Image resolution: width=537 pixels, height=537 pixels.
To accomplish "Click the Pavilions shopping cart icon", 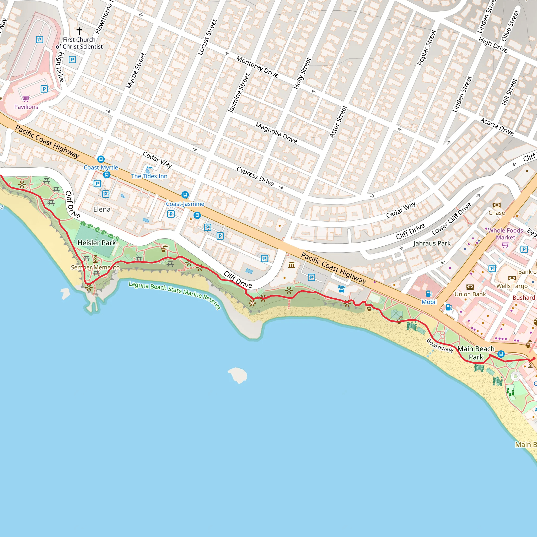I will click(26, 98).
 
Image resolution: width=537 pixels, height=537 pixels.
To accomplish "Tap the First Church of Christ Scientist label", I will click(79, 43).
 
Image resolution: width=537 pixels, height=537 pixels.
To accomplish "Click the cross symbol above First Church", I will click(79, 31).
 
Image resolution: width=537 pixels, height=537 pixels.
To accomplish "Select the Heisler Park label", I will click(96, 243).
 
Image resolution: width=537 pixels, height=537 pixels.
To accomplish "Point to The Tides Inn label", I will click(149, 176).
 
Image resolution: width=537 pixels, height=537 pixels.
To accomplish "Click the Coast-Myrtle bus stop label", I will click(101, 168).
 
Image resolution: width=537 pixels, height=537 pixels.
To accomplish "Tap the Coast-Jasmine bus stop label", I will click(185, 204).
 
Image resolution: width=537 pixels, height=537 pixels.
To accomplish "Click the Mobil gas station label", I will click(429, 302).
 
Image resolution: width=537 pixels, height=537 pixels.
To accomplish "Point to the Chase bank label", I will click(497, 213).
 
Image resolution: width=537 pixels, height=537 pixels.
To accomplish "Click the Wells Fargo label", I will click(512, 286).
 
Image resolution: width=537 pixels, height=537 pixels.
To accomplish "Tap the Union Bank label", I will click(470, 294).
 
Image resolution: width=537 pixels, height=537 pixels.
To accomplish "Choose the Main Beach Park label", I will click(476, 353).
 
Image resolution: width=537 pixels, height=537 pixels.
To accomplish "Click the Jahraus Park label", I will click(432, 244).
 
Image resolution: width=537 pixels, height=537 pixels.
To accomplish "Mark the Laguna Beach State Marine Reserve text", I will click(175, 295).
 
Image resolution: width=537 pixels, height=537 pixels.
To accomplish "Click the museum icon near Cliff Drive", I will click(292, 265).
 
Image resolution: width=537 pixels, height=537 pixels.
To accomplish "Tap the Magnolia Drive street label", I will click(276, 133).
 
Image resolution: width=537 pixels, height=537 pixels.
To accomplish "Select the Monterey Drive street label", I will click(257, 67).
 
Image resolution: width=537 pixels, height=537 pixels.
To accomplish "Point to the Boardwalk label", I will click(440, 346).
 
